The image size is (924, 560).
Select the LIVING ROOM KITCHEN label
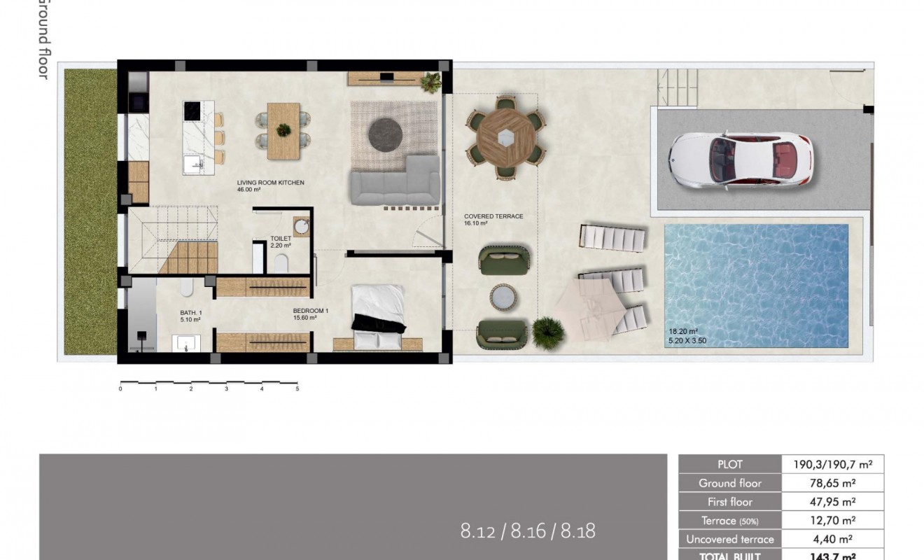[x=270, y=183]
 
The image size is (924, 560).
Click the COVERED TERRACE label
[x=493, y=216]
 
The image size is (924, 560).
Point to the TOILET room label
[x=281, y=239]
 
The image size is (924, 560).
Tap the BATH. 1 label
[x=190, y=314]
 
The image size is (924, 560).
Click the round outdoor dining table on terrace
[x=505, y=137]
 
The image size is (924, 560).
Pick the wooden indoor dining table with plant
[x=283, y=130]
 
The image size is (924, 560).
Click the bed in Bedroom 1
[x=378, y=316]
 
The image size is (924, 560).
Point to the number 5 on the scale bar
[x=297, y=388]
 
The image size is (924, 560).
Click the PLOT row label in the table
[x=729, y=464]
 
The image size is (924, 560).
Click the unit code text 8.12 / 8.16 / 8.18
[x=528, y=531]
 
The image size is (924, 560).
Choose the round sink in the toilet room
[x=302, y=227]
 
